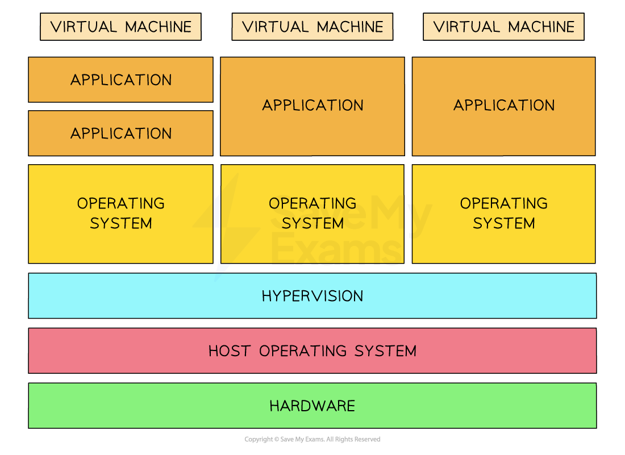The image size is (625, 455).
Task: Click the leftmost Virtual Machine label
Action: (120, 27)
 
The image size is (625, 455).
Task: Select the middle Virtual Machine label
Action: (312, 27)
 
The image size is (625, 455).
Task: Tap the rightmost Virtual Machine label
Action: (503, 27)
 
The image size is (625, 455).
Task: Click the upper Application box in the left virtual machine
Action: (120, 80)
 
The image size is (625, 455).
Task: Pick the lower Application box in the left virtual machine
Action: (120, 133)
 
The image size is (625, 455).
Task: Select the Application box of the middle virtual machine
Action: (312, 106)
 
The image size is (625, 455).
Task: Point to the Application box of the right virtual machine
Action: (503, 106)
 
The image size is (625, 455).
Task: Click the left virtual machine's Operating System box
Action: (120, 214)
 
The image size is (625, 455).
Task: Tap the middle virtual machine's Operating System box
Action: (312, 214)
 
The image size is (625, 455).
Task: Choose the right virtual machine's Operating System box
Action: (503, 214)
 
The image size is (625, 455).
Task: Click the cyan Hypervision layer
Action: (312, 296)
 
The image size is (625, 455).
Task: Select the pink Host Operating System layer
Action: (312, 350)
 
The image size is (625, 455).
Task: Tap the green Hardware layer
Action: (312, 406)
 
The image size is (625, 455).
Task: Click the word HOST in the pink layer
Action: (230, 351)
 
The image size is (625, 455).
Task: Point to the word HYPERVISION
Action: (312, 296)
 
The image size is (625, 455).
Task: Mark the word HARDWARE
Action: (312, 406)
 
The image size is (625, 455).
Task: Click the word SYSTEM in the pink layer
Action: (385, 351)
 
